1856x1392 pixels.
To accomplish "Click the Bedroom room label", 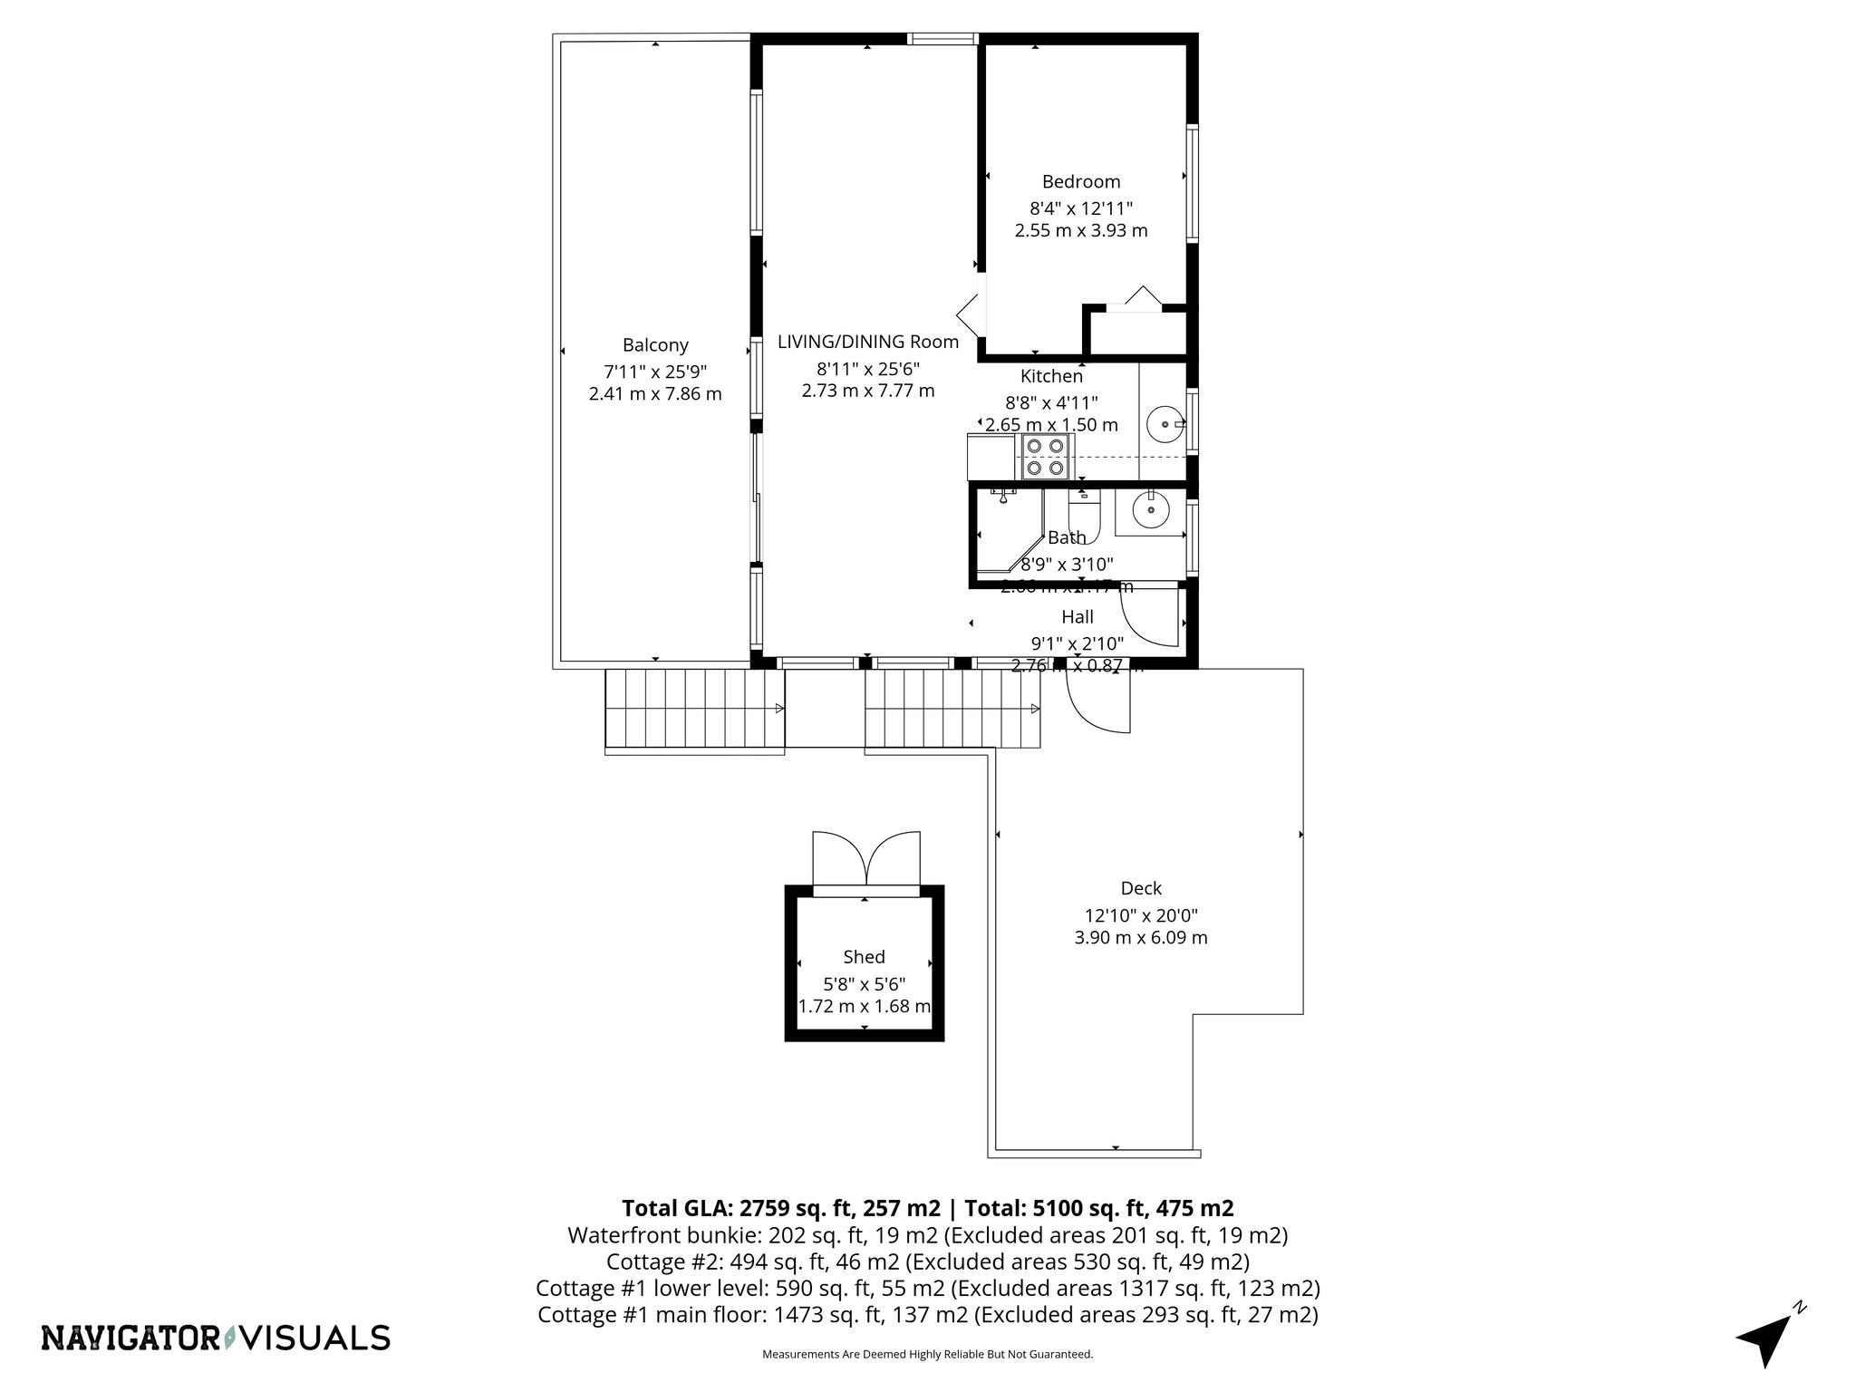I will click(1080, 182).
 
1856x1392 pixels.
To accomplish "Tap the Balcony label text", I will click(655, 345).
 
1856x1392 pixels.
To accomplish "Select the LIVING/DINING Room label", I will click(867, 342).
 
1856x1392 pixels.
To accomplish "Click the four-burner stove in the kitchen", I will click(1044, 457).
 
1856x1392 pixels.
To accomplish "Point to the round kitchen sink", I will click(1164, 423).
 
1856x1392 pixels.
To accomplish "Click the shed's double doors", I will click(865, 858).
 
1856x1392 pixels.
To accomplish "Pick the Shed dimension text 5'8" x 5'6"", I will click(864, 983).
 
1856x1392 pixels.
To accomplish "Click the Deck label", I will click(1140, 889).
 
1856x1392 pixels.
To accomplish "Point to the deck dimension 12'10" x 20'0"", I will click(1140, 915).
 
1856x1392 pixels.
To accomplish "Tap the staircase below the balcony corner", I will click(694, 710).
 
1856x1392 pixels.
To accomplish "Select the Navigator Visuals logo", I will click(216, 1338).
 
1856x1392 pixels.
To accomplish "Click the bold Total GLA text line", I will click(927, 1208).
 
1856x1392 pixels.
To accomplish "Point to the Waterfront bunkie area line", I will click(927, 1235).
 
